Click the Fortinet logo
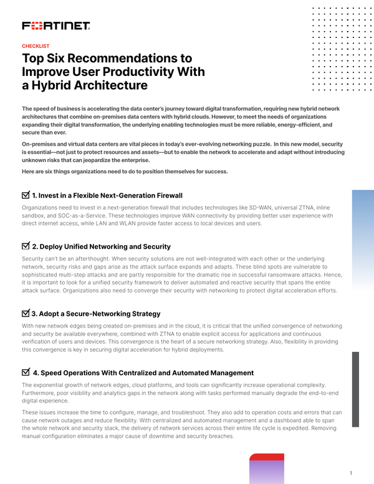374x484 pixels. click(56, 26)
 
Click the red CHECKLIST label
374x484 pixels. click(36, 46)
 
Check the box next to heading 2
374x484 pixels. click(26, 246)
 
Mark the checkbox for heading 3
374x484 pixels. click(26, 313)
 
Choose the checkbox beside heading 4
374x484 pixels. click(26, 372)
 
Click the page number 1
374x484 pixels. click(352, 473)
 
